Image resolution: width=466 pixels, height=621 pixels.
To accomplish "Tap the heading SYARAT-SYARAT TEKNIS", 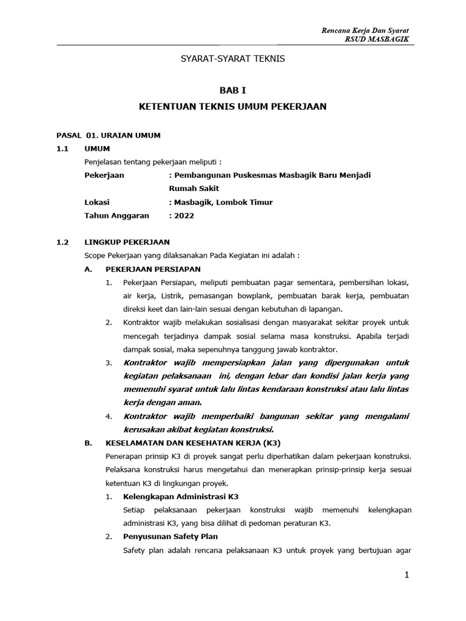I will pos(234,59).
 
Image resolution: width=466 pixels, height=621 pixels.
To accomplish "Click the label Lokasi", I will pos(97,202).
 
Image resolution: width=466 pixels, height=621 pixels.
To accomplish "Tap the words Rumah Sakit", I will pos(194,189).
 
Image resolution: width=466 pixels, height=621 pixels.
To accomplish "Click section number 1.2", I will pos(62,242).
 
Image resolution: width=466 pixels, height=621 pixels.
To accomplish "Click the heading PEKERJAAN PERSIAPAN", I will pos(152,269).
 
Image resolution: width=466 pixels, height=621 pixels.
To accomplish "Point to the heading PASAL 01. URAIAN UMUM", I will pos(108,135).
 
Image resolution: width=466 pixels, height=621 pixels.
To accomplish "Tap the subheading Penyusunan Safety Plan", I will pos(170,537).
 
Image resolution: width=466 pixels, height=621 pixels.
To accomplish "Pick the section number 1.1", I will pos(62,149).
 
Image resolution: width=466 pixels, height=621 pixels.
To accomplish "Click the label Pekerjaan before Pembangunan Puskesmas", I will pos(104,175).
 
